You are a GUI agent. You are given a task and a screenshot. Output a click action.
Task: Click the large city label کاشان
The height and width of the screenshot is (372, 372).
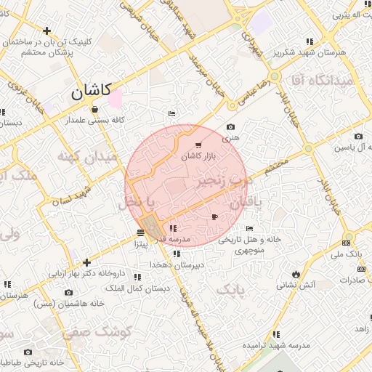[92, 91]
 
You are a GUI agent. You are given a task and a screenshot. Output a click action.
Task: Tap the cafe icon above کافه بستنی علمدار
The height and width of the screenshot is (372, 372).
[94, 110]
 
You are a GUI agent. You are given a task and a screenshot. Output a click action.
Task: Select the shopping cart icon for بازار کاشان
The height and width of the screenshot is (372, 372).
[199, 146]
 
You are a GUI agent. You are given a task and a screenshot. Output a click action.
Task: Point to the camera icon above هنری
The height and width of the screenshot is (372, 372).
[231, 126]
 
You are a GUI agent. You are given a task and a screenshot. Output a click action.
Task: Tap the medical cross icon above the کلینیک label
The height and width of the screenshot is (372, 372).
[47, 31]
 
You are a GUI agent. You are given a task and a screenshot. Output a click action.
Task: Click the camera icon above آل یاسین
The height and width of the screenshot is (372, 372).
[358, 136]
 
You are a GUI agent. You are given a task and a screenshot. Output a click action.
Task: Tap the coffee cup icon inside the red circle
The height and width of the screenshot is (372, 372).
[214, 217]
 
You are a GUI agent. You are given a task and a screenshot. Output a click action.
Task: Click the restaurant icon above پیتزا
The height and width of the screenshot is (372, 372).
[139, 232]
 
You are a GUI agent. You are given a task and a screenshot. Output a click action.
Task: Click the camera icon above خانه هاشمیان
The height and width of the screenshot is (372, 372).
[69, 293]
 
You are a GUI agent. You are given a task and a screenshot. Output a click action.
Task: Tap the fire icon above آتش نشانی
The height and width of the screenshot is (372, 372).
[296, 273]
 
